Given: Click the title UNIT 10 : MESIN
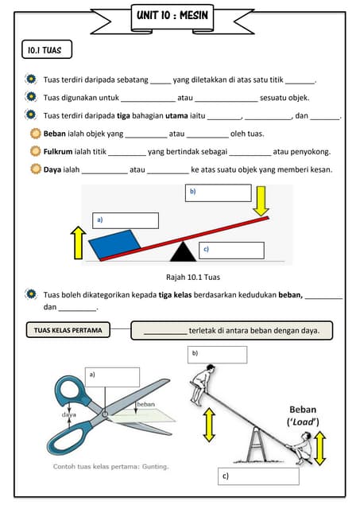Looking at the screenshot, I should pyautogui.click(x=180, y=15).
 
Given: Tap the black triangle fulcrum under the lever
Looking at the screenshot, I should pyautogui.click(x=184, y=252).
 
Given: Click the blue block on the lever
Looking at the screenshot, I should pyautogui.click(x=117, y=244).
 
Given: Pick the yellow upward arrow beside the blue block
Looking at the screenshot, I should pyautogui.click(x=78, y=242).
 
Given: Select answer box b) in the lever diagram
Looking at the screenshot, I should pyautogui.click(x=219, y=193).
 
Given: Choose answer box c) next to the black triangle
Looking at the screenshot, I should pyautogui.click(x=230, y=250).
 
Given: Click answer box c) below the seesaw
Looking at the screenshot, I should pyautogui.click(x=258, y=476).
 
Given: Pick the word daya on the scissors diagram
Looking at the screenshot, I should pyautogui.click(x=69, y=414).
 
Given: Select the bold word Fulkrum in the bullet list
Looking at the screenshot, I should pyautogui.click(x=59, y=151).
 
